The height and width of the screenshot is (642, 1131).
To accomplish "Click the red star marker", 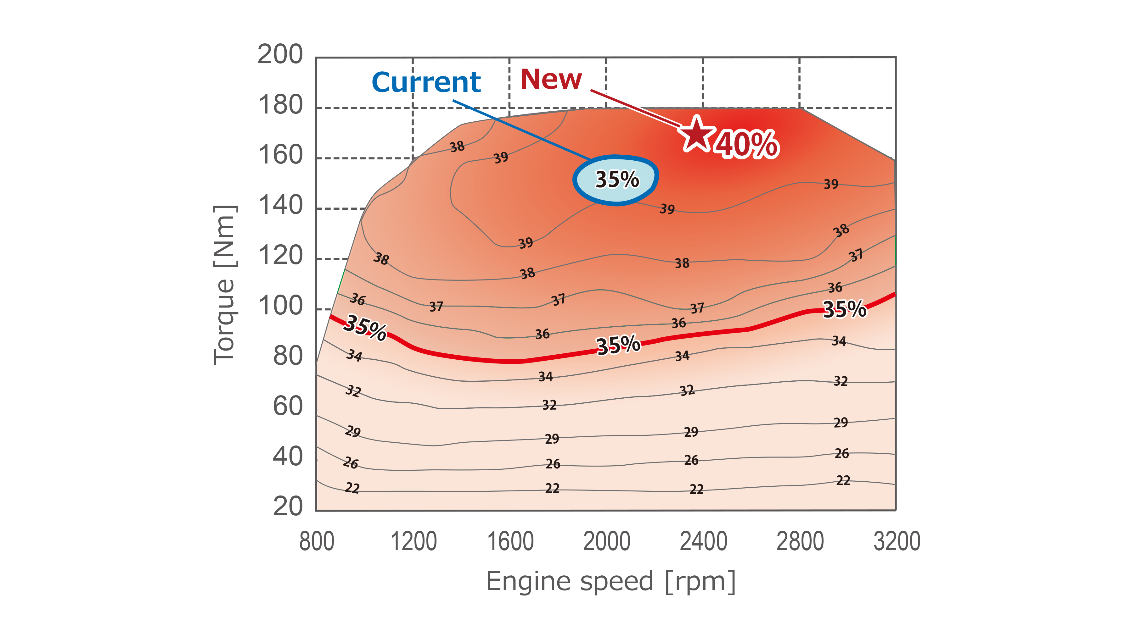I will [696, 134].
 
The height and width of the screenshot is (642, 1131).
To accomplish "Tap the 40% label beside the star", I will [747, 145].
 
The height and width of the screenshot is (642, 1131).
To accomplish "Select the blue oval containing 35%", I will [616, 180].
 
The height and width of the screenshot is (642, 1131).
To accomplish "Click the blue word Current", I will [426, 82].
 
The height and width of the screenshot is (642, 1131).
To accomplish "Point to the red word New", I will [551, 79].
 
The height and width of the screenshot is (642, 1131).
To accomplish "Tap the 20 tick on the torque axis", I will [288, 506].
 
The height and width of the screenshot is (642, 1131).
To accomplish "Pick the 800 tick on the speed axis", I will [316, 541].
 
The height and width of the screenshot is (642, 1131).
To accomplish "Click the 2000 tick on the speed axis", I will [607, 541].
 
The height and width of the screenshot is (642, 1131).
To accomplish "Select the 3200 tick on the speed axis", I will [897, 541].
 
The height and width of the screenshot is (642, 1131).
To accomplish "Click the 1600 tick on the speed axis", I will [510, 541].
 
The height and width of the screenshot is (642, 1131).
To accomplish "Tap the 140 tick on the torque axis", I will [281, 206].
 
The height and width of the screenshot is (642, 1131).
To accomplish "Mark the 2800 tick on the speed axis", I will [800, 541].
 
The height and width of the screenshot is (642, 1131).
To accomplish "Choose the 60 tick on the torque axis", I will [288, 406].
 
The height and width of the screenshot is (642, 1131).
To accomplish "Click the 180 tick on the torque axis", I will [281, 105].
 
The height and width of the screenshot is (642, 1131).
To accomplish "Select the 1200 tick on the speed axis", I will [414, 541].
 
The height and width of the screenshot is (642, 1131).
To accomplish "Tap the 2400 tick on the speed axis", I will [703, 541].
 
